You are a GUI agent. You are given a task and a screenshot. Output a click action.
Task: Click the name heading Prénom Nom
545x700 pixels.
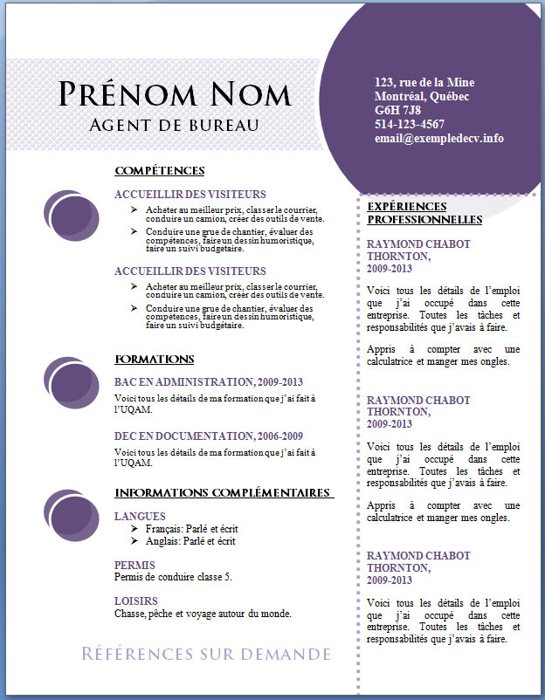(175, 94)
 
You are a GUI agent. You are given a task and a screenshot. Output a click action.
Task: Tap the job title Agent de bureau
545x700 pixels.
(175, 125)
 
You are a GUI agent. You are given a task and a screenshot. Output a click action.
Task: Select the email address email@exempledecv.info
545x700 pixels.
(438, 138)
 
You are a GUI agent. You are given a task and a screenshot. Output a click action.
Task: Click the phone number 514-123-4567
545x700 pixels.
(409, 124)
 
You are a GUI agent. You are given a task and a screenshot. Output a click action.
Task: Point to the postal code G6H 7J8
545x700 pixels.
(397, 110)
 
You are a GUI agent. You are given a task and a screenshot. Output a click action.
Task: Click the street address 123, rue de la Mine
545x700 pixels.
(424, 82)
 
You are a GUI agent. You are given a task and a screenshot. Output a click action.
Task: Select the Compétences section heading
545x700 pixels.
(159, 170)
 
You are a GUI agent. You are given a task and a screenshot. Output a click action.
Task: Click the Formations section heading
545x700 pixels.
(154, 360)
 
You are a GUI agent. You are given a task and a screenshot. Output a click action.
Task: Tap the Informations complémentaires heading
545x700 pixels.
(224, 493)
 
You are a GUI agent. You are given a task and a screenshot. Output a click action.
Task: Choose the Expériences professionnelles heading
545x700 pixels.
(424, 213)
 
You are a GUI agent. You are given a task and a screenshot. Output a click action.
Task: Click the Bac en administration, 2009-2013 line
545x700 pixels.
(209, 381)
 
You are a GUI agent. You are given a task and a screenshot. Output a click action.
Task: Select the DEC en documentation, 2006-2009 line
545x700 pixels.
(209, 436)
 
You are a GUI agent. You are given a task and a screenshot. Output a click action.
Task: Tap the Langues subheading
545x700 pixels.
(140, 516)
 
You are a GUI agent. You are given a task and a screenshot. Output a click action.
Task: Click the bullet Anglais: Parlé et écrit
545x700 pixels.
(190, 541)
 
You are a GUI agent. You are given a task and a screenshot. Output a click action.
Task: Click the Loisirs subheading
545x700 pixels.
(136, 600)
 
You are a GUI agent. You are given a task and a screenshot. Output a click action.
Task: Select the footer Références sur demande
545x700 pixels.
(206, 655)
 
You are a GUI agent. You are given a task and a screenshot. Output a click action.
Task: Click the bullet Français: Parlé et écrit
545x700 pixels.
(191, 529)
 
